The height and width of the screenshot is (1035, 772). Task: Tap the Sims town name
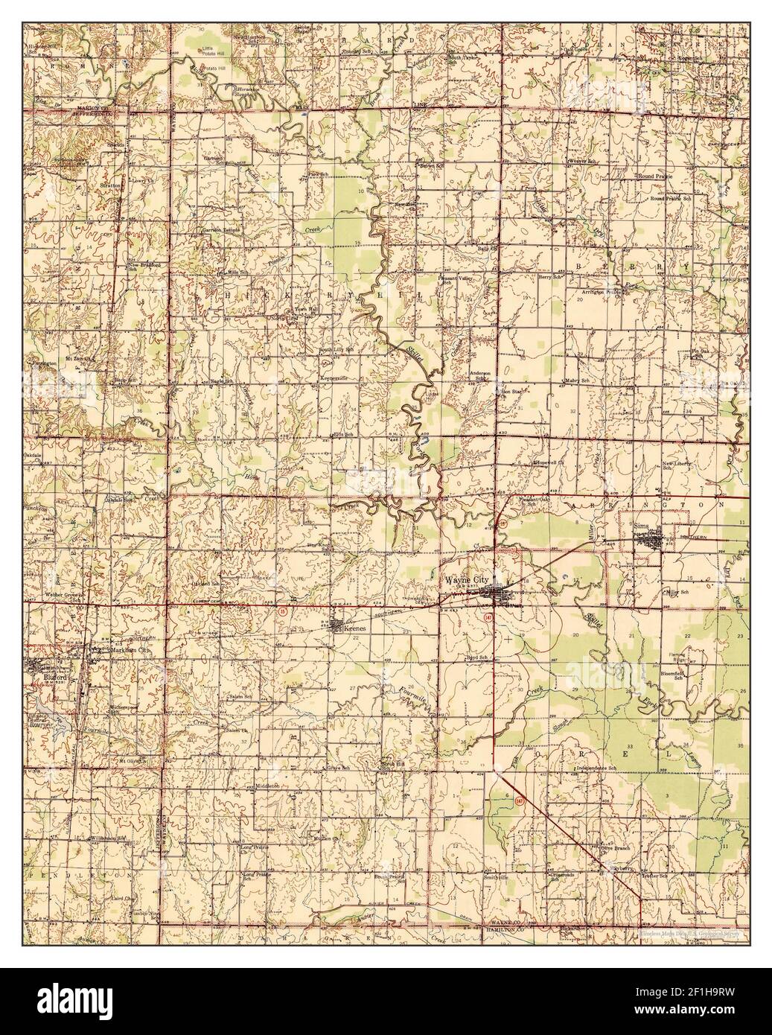(642, 527)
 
